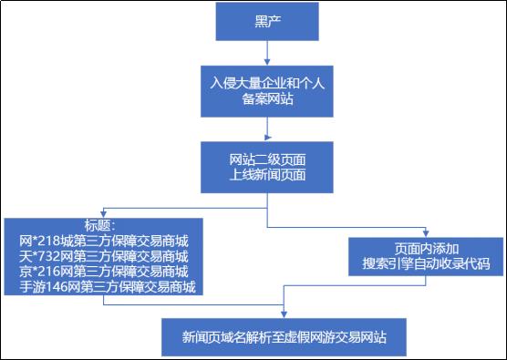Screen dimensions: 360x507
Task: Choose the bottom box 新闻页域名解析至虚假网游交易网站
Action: coord(286,336)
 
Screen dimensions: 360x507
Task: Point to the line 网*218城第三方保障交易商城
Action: coord(103,242)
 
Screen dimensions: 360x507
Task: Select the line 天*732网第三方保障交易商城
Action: coord(103,256)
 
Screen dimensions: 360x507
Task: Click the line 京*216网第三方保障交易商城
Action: coord(103,272)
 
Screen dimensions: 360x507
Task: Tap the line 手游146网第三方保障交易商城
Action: coord(103,287)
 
